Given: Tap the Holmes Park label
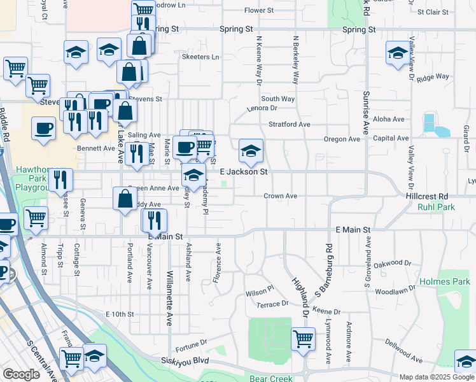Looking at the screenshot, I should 444,281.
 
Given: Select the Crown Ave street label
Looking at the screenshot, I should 281,196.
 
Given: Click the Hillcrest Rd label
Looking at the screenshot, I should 426,196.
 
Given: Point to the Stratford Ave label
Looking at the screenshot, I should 289,124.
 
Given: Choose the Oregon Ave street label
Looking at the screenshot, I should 341,139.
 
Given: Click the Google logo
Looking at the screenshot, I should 22,374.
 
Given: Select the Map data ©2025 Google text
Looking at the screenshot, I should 436,377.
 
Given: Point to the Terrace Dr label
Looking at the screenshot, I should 272,304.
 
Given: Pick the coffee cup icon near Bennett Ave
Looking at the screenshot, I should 185,148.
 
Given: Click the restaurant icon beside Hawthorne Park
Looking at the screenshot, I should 61,180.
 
